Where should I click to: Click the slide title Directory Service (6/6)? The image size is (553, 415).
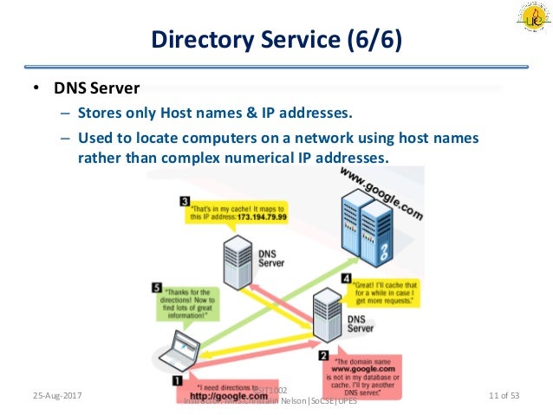coord(276,39)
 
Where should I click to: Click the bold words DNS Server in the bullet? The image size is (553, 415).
coord(97,88)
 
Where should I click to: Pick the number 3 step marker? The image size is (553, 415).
coord(185,201)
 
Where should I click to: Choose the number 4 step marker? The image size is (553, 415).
coord(346,279)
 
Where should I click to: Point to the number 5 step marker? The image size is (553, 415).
coord(156,287)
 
